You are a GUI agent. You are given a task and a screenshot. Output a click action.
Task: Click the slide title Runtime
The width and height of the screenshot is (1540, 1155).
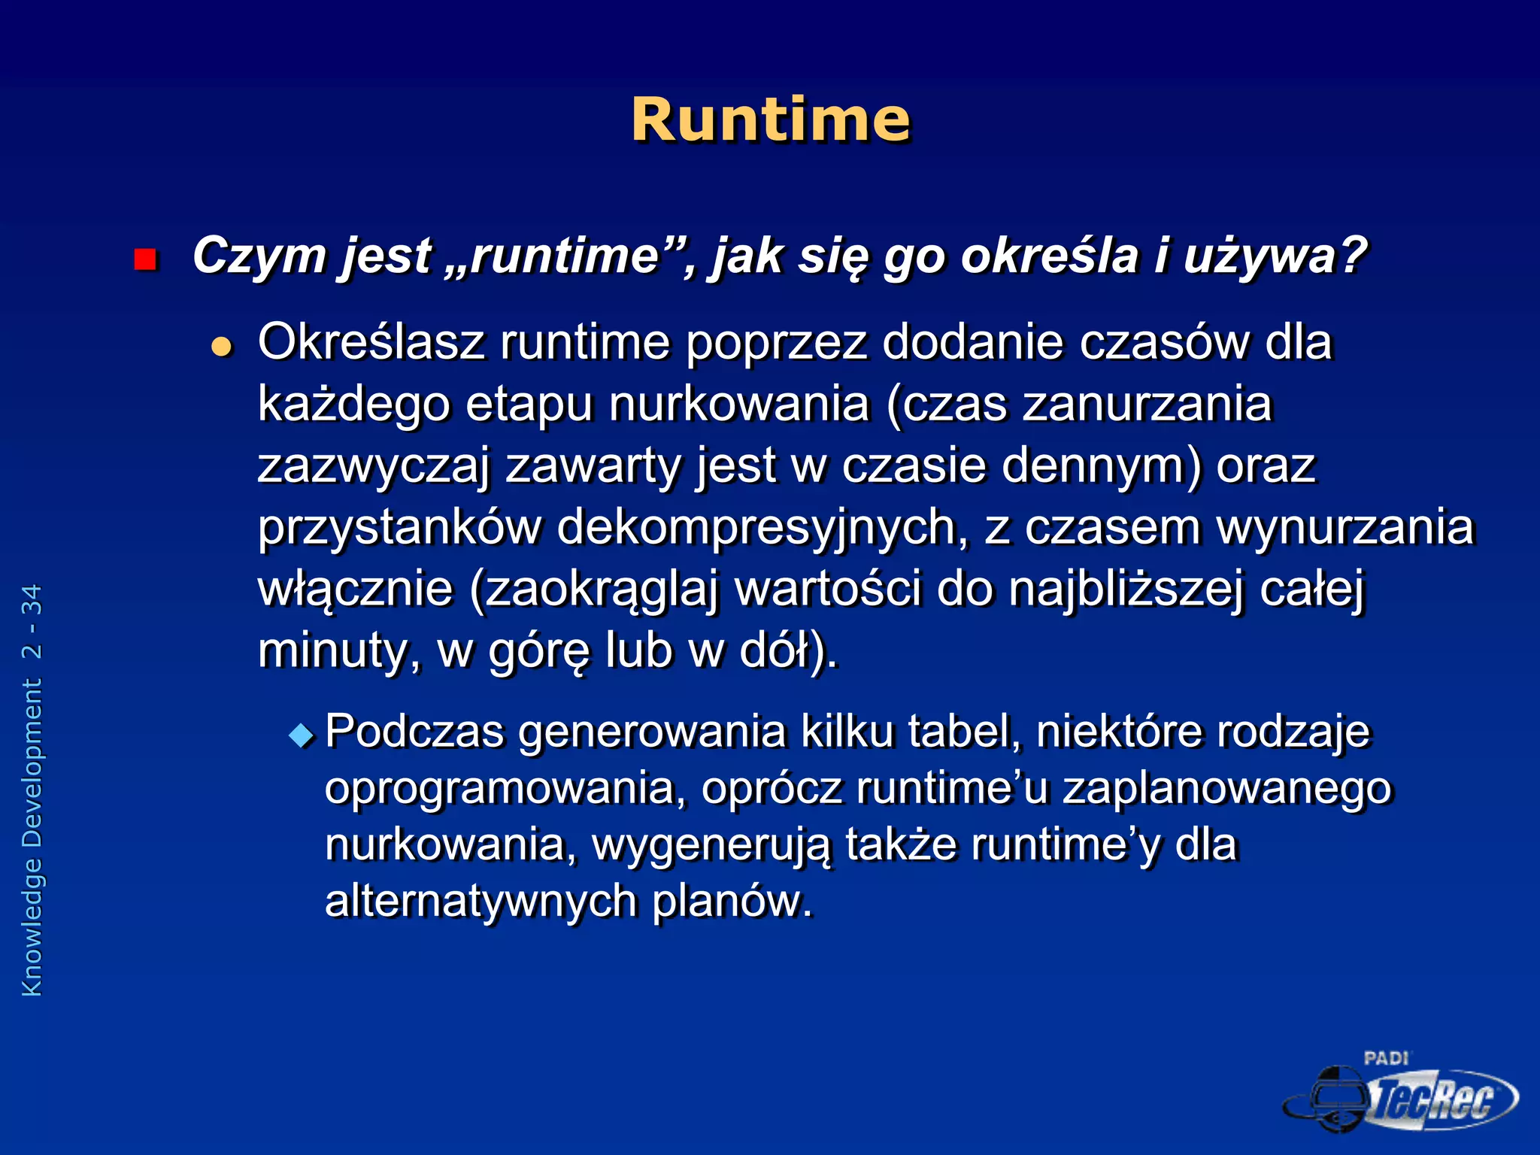[x=770, y=120]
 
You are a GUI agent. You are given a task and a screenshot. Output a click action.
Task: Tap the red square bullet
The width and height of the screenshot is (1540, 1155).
[x=144, y=259]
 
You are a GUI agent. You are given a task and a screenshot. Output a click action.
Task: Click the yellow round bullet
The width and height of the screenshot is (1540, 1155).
[x=222, y=347]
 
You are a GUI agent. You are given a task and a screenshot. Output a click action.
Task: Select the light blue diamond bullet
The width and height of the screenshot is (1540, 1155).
[x=302, y=735]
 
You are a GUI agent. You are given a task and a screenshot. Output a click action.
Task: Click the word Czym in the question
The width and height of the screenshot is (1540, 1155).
[x=259, y=256]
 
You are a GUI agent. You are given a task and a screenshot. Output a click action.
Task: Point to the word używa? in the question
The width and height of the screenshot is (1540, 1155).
[x=1275, y=257]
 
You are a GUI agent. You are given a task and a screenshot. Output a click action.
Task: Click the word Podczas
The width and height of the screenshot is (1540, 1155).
[x=414, y=732]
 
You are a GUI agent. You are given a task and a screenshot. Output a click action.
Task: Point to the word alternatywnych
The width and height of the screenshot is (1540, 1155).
[x=480, y=901]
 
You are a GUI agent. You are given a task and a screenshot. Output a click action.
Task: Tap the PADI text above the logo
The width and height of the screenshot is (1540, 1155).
[x=1386, y=1059]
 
